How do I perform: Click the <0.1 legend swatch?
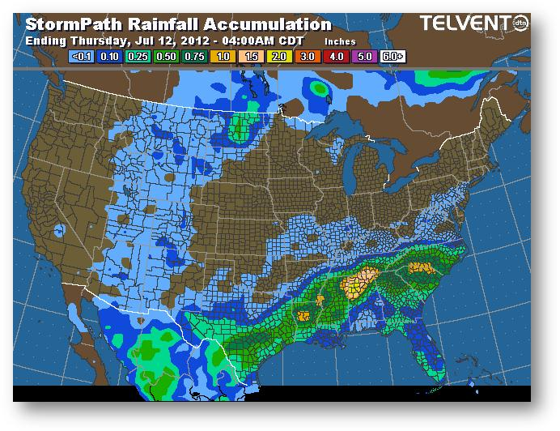pos(82,56)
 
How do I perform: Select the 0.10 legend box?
pos(110,56)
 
